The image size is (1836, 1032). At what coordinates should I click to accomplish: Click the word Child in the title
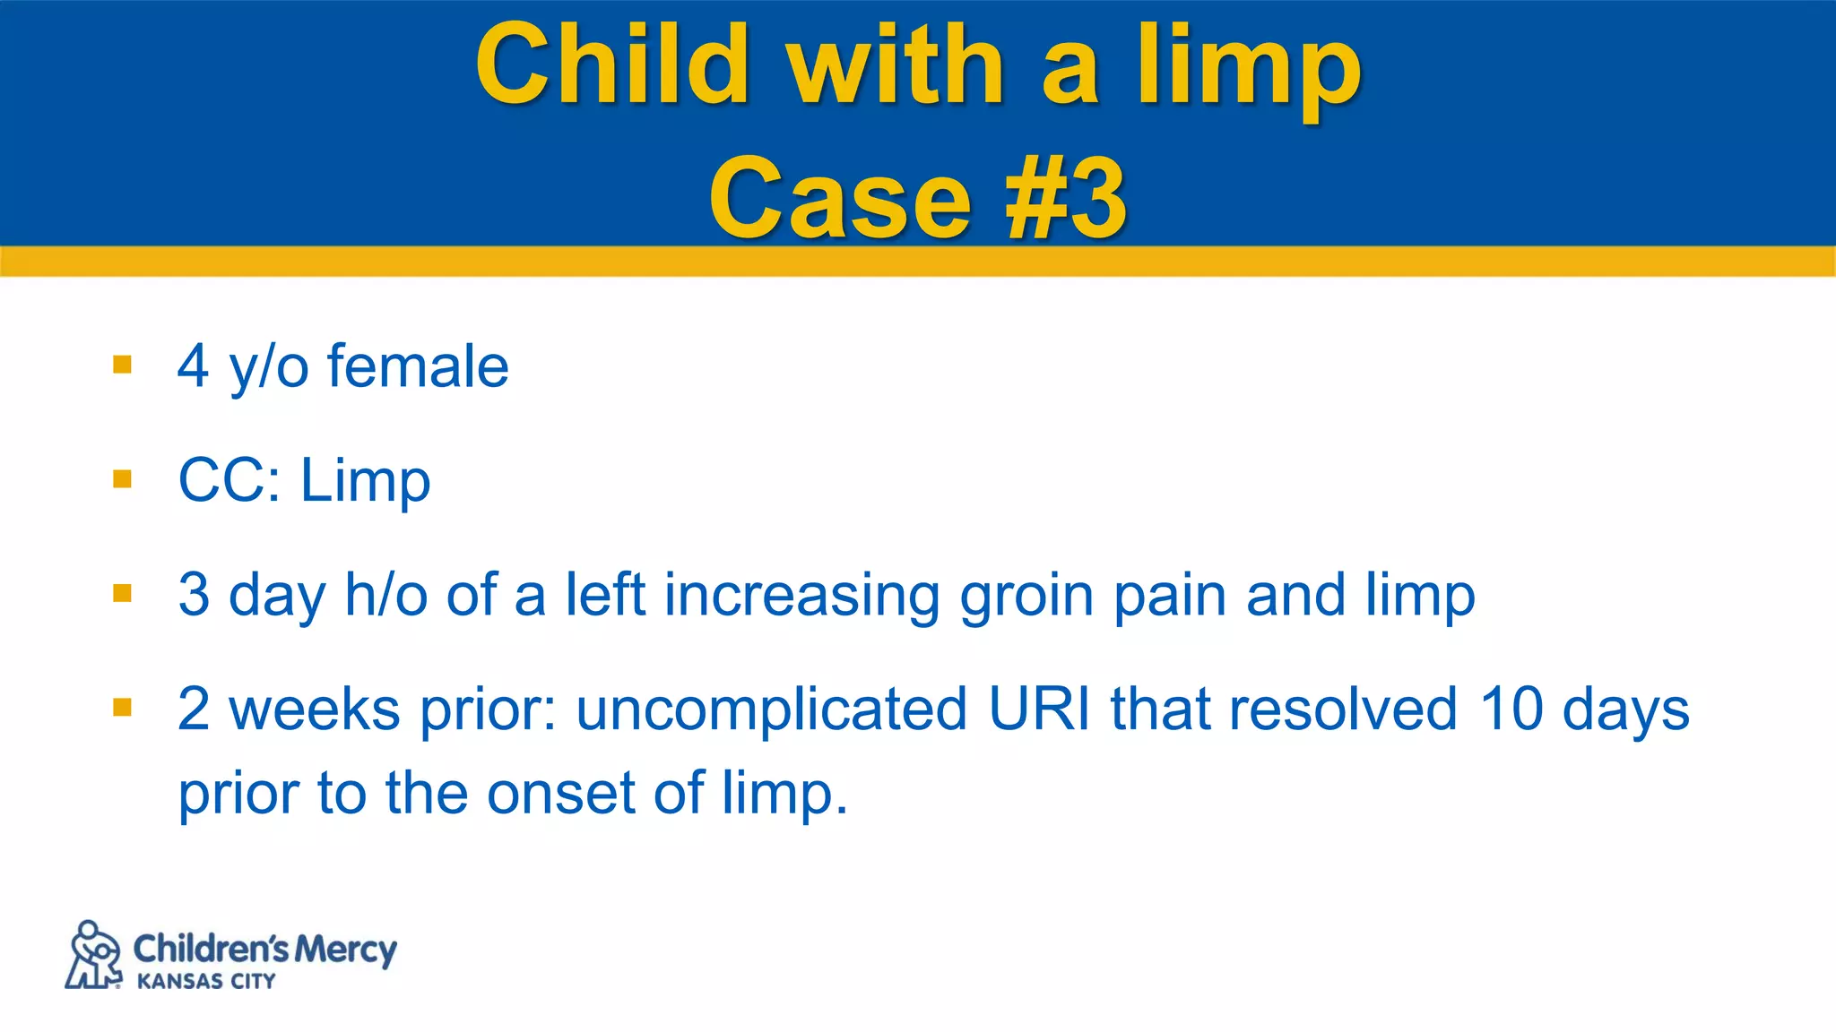[612, 64]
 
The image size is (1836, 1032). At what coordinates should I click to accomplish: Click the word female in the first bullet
[418, 366]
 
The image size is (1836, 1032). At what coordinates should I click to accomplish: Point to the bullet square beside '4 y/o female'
[123, 365]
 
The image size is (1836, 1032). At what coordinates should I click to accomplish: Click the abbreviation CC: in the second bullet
[229, 481]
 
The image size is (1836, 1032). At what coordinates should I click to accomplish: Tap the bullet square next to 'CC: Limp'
[123, 479]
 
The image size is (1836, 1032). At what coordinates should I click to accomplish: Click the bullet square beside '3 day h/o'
[123, 593]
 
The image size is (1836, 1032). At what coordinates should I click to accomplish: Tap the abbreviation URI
[1039, 709]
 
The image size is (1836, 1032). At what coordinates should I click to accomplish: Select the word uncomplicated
[772, 710]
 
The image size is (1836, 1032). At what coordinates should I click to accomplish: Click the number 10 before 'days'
[1511, 709]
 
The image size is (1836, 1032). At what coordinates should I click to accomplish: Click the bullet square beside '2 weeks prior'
[123, 708]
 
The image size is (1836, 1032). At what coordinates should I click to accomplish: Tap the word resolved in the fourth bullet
[1343, 709]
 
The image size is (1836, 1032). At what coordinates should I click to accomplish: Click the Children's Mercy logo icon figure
[94, 955]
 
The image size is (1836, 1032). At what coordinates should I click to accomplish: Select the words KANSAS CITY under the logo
[206, 982]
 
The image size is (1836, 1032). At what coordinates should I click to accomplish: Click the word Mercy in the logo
[345, 950]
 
